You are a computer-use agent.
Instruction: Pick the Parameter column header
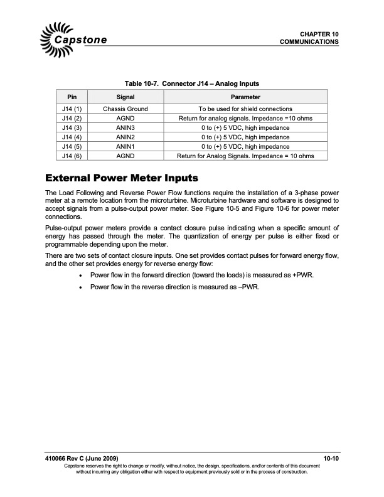pos(245,97)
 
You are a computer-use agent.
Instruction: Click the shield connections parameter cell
pos(245,109)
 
